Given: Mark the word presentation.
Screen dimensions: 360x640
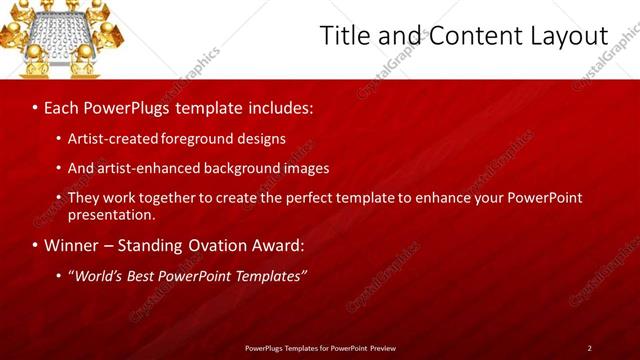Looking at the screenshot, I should click(112, 214).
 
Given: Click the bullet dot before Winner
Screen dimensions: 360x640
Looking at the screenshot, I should click(36, 245).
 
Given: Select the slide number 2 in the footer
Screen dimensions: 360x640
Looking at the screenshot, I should click(590, 348).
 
